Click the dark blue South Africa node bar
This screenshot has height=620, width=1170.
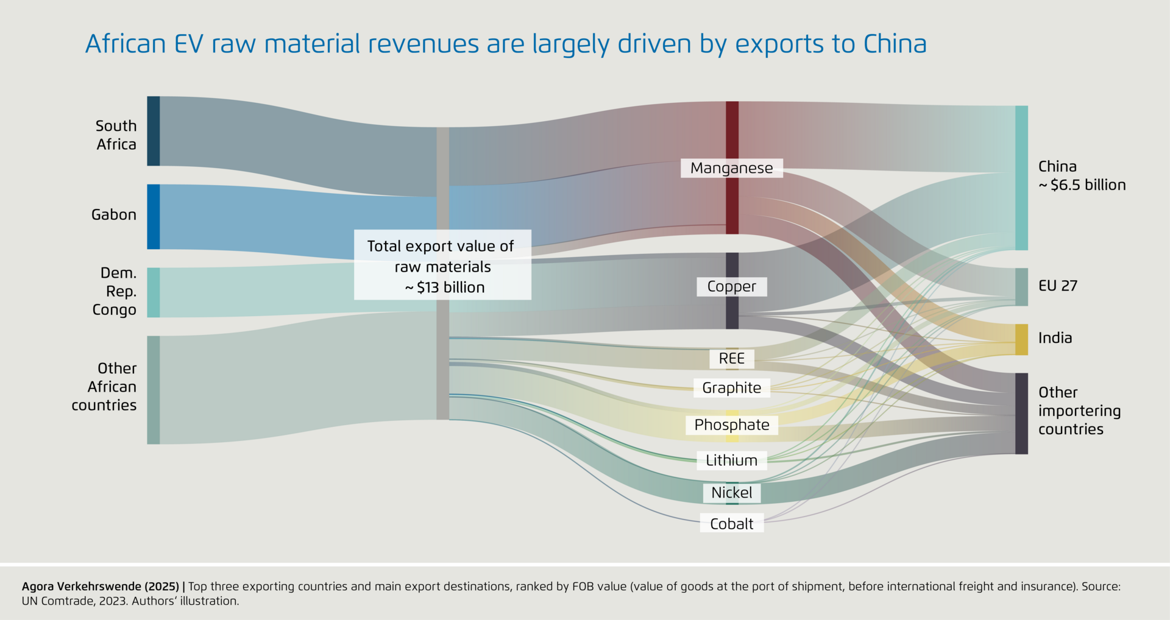pos(154,131)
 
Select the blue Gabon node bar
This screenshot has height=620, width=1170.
pos(154,217)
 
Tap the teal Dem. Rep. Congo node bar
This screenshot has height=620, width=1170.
pos(154,292)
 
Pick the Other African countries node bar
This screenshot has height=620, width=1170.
pos(154,390)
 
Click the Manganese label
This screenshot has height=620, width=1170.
pos(731,168)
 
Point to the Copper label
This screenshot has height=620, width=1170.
pos(731,287)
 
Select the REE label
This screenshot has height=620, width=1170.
pos(731,359)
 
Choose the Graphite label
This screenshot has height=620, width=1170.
pos(731,388)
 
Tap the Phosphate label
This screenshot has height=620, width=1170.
pos(731,425)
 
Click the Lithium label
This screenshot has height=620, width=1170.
pos(731,460)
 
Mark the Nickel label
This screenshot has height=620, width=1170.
pos(731,493)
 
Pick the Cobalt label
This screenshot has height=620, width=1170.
pos(731,524)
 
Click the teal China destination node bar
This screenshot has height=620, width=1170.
pos(1021,178)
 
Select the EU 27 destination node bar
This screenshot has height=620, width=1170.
pos(1021,287)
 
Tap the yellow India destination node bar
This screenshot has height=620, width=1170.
pos(1021,339)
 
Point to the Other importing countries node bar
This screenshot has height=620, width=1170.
pos(1021,414)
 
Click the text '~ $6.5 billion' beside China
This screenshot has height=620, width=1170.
pos(1082,185)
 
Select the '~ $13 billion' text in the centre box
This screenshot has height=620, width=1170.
pos(444,287)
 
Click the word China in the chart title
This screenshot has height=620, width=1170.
pos(895,44)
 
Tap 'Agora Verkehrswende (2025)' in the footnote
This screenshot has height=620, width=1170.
pos(101,587)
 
